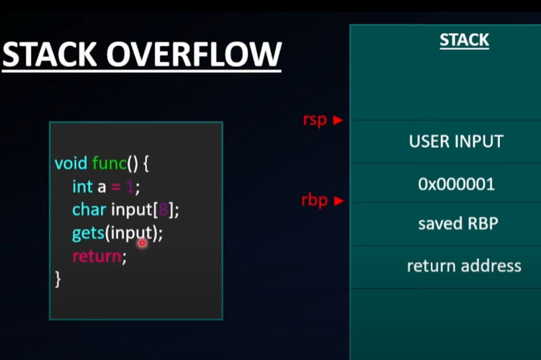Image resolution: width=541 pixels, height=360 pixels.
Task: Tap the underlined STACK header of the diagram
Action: (464, 40)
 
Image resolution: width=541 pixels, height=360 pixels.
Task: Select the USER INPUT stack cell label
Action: (456, 141)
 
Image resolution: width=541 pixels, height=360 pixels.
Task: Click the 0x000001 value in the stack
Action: (456, 184)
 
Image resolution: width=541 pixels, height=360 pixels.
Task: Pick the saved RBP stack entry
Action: (458, 224)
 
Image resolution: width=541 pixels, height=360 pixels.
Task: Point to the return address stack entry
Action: (463, 266)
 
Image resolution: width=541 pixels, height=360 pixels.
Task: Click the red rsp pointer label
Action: (315, 120)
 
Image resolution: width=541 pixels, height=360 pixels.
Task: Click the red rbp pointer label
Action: (315, 200)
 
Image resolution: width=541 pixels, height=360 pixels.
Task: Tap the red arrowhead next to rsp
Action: (337, 120)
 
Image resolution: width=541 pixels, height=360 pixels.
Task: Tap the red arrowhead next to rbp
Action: (337, 201)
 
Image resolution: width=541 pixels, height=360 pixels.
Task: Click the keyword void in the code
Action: (71, 163)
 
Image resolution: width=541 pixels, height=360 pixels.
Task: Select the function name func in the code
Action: (109, 163)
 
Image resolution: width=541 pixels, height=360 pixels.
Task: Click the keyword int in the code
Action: (82, 186)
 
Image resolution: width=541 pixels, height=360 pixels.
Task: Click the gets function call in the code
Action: (88, 233)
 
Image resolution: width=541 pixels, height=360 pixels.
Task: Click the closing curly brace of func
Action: (58, 279)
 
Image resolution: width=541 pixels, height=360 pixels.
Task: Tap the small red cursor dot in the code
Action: (142, 243)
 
